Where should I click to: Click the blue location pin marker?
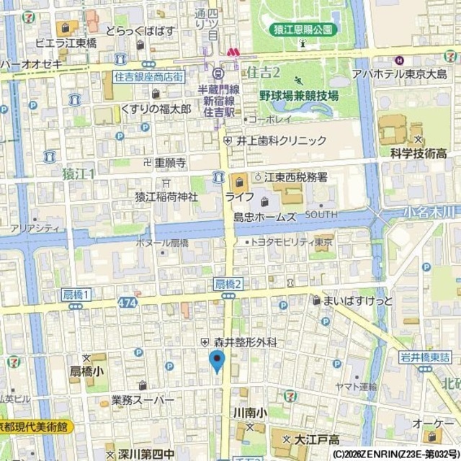[217, 360]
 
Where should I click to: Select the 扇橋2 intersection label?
[228, 284]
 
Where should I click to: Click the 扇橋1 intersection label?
[75, 295]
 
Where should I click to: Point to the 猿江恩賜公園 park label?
[304, 30]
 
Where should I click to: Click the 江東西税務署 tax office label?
[296, 176]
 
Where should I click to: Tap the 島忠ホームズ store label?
[264, 216]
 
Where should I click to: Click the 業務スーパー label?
[143, 399]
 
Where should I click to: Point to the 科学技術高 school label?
[419, 153]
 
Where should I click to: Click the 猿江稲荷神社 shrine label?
[166, 196]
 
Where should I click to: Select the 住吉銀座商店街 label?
[148, 76]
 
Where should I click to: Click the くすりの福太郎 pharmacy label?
[156, 109]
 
